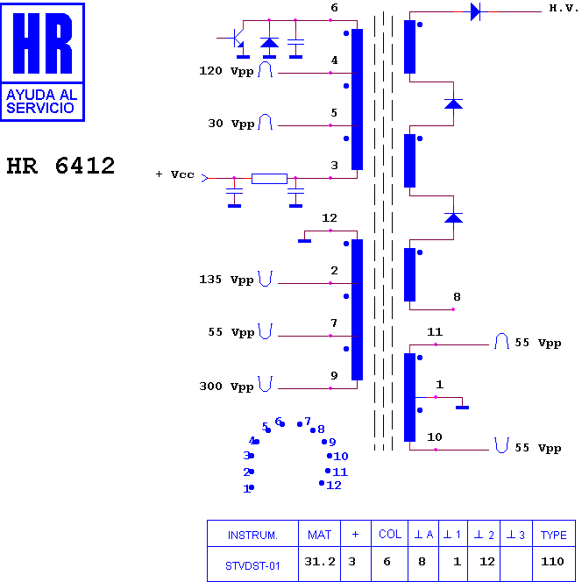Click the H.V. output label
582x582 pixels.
click(564, 8)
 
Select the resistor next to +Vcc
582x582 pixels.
click(269, 179)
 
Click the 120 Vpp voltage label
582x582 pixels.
click(226, 71)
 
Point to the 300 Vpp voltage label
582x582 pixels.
click(226, 387)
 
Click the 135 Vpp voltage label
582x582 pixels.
click(226, 279)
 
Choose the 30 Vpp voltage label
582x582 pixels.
click(231, 124)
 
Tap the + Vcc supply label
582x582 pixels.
click(174, 174)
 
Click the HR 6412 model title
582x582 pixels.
click(60, 166)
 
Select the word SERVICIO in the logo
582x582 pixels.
click(40, 108)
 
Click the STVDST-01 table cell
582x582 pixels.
click(252, 566)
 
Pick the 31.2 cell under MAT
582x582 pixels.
click(320, 562)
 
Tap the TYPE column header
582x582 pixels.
click(553, 536)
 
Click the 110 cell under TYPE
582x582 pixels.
click(553, 562)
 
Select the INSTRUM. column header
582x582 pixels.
click(252, 536)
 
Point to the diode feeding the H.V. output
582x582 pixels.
click(475, 12)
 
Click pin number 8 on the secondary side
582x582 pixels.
click(457, 296)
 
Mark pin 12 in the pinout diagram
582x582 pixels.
click(334, 485)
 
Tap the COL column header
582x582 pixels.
click(390, 534)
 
